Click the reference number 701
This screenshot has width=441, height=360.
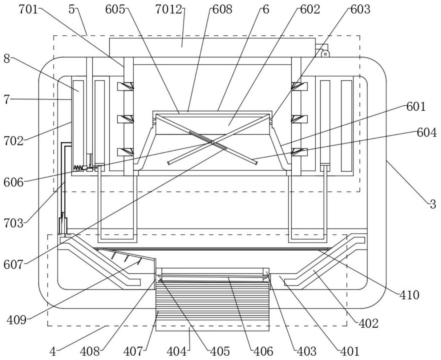pos(28,10)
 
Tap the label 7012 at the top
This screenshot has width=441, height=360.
pos(169,10)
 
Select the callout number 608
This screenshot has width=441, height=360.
pos(222,10)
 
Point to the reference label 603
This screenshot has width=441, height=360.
pos(360,10)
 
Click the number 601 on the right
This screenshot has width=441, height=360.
pos(416,107)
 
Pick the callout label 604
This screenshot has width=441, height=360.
pos(427,132)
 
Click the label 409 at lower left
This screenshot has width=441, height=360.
pos(17,320)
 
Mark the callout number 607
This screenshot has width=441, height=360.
pos(13,265)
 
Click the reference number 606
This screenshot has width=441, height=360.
pos(13,182)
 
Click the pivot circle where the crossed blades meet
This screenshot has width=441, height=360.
pos(212,142)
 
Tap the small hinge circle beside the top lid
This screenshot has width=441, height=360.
pos(325,54)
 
